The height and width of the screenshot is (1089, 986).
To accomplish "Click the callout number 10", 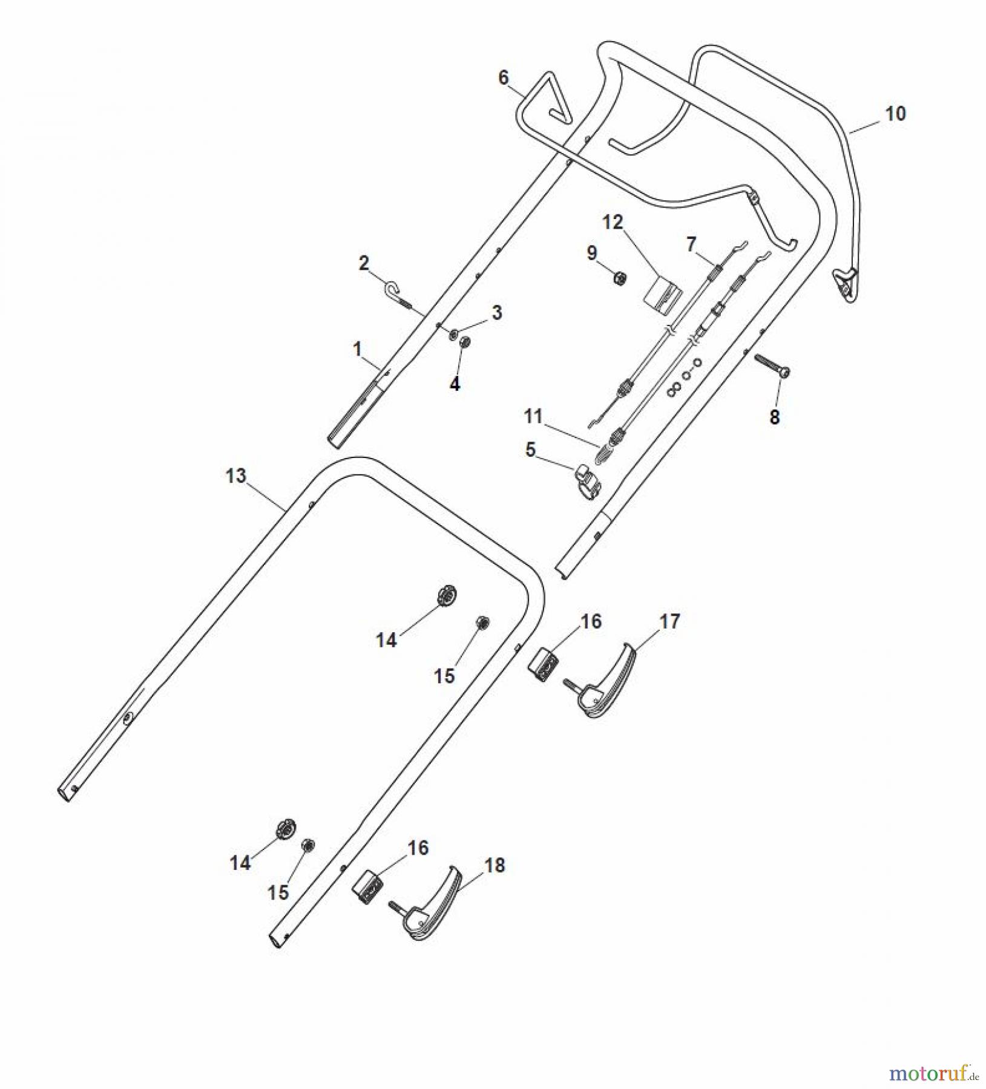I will point(895,114).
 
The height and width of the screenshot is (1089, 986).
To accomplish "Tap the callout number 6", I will point(504,78).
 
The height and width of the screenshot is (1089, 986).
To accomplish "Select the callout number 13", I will point(236,476).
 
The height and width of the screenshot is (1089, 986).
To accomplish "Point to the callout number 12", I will point(613,223).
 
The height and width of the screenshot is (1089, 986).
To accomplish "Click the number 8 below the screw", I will point(775,417).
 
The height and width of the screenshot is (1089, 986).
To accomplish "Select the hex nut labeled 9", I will point(619,278).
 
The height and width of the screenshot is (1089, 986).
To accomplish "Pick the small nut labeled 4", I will point(465,342).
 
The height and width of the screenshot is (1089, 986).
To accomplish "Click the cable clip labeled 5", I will point(588,482).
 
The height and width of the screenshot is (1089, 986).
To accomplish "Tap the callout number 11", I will point(533,417).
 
